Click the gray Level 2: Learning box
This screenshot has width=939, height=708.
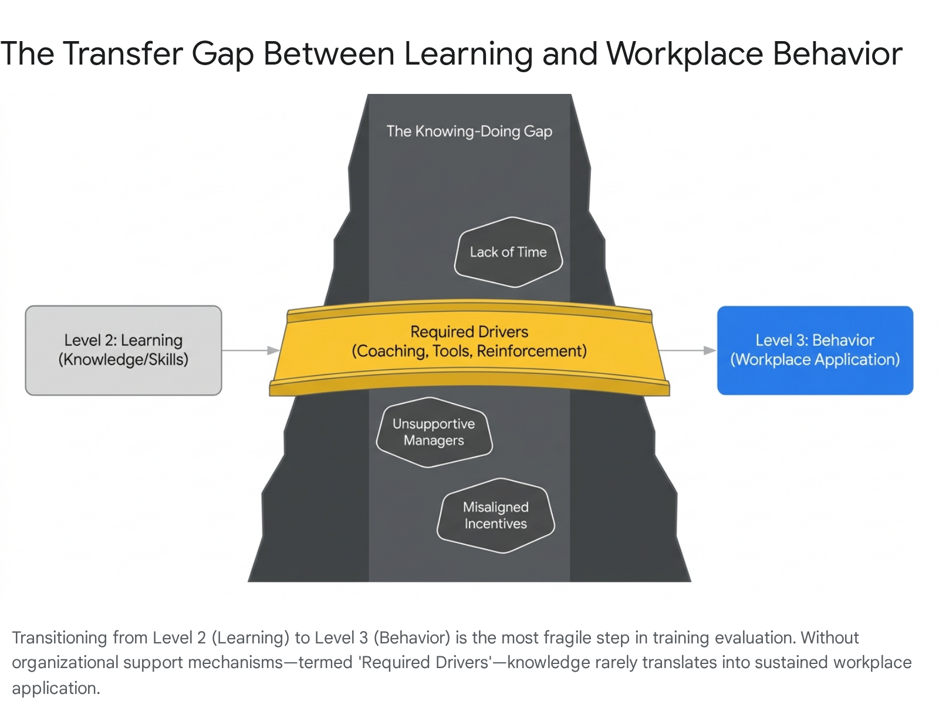click(123, 350)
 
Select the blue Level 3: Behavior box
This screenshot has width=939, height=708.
click(815, 350)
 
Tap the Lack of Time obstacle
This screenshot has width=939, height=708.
click(508, 252)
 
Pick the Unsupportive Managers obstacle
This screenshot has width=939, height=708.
click(434, 432)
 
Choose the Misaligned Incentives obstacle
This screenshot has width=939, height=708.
click(496, 515)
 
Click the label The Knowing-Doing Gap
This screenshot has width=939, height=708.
click(469, 132)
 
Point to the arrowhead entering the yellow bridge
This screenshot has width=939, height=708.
click(273, 350)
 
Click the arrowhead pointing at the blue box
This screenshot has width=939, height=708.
click(710, 350)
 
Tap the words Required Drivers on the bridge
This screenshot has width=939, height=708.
click(469, 332)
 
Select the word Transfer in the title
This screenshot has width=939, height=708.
click(123, 54)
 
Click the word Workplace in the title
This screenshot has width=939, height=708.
click(684, 55)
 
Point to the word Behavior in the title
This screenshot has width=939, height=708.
click(837, 54)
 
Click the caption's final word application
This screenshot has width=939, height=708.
click(56, 688)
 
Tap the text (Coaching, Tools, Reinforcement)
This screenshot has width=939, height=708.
click(469, 351)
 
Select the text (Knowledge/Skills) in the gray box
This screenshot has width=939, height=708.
click(123, 359)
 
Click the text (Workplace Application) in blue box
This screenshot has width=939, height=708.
click(815, 359)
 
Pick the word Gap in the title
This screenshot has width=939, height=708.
click(222, 55)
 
